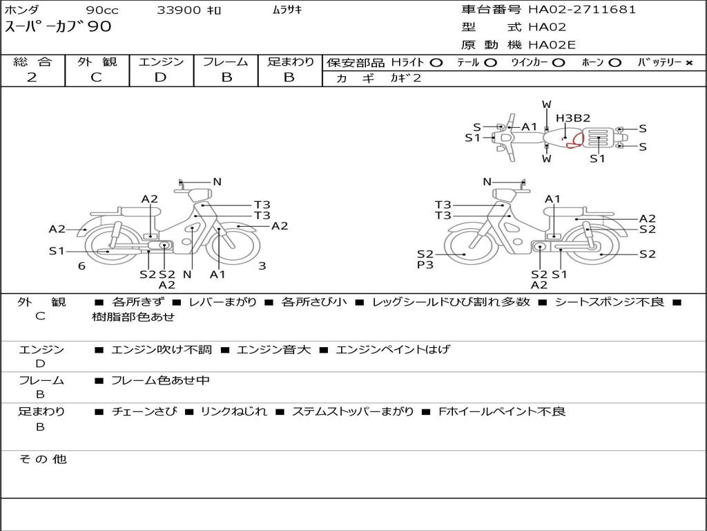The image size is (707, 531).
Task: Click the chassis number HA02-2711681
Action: click(x=582, y=10)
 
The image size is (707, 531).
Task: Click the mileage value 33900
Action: click(x=178, y=10)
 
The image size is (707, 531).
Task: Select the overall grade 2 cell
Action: click(x=32, y=77)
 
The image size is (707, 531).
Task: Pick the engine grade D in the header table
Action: click(x=160, y=77)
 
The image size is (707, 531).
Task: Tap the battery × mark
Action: click(x=689, y=63)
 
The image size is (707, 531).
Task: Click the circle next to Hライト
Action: click(x=436, y=63)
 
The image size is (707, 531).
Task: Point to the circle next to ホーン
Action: click(x=614, y=63)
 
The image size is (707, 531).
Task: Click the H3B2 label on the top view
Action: click(x=572, y=118)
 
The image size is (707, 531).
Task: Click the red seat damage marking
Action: click(x=575, y=140)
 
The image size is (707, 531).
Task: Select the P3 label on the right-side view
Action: click(x=425, y=265)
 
